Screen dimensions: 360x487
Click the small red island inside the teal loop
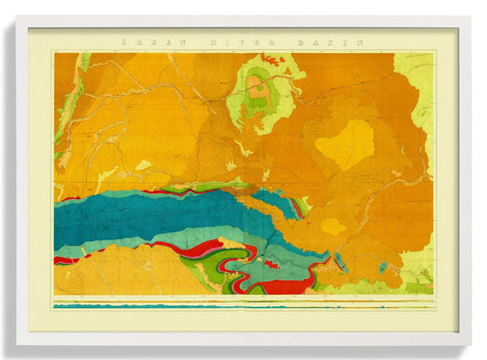point(270,264)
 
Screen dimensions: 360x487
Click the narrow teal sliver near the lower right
point(340,262)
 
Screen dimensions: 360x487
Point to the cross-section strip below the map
point(243,303)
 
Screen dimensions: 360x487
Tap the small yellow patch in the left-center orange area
point(143,165)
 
